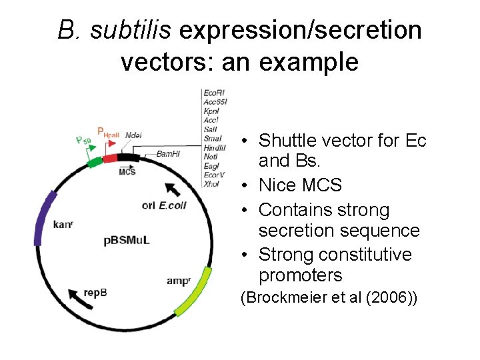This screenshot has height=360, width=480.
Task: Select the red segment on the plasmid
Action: pos(109,159)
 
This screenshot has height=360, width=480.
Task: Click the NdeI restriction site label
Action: pos(133,135)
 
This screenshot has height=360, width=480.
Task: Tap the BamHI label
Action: pos(168,153)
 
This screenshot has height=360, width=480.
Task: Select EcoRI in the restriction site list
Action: pos(214,92)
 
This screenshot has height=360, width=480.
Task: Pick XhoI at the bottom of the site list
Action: pos(211,183)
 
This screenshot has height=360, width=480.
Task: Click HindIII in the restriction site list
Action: pos(215,147)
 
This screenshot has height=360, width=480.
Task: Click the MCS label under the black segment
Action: pos(127,171)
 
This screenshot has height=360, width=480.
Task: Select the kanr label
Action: pos(62,225)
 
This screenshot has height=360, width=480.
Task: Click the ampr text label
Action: pos(179,281)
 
